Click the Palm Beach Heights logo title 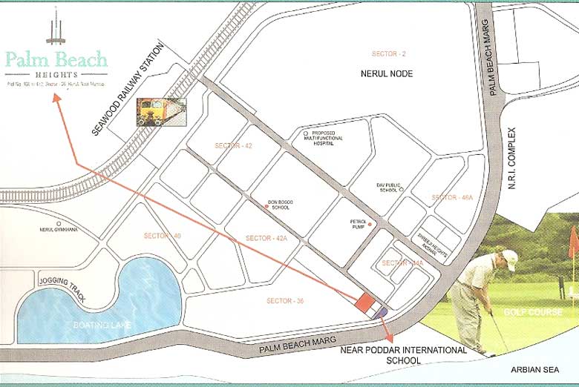pos(56,59)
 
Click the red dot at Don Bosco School pos(266,206)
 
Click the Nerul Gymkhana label pos(59,230)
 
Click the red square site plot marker pos(364,302)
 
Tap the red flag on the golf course pos(573,243)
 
